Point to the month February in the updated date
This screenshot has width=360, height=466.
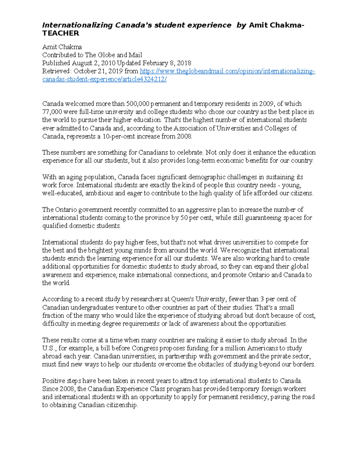[155, 63]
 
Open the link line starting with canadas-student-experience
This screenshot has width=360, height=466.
[104, 80]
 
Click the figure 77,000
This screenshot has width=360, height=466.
[52, 112]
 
